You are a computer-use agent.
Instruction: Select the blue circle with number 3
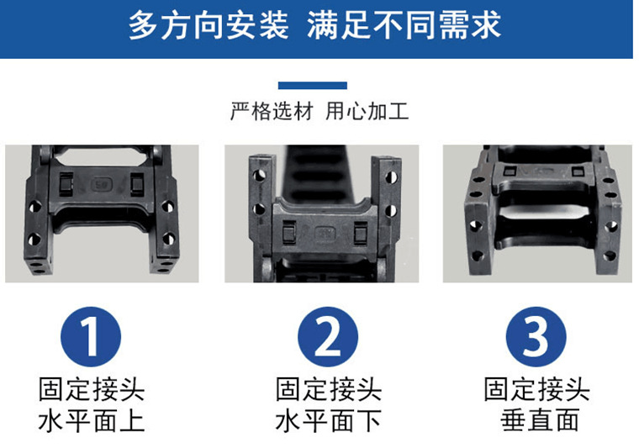(536, 337)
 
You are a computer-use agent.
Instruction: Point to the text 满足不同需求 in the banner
(404, 26)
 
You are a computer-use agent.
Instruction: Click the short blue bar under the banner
(312, 85)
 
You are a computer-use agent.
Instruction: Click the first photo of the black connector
(102, 213)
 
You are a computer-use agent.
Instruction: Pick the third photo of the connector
(537, 213)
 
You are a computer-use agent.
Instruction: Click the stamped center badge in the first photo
(100, 182)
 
